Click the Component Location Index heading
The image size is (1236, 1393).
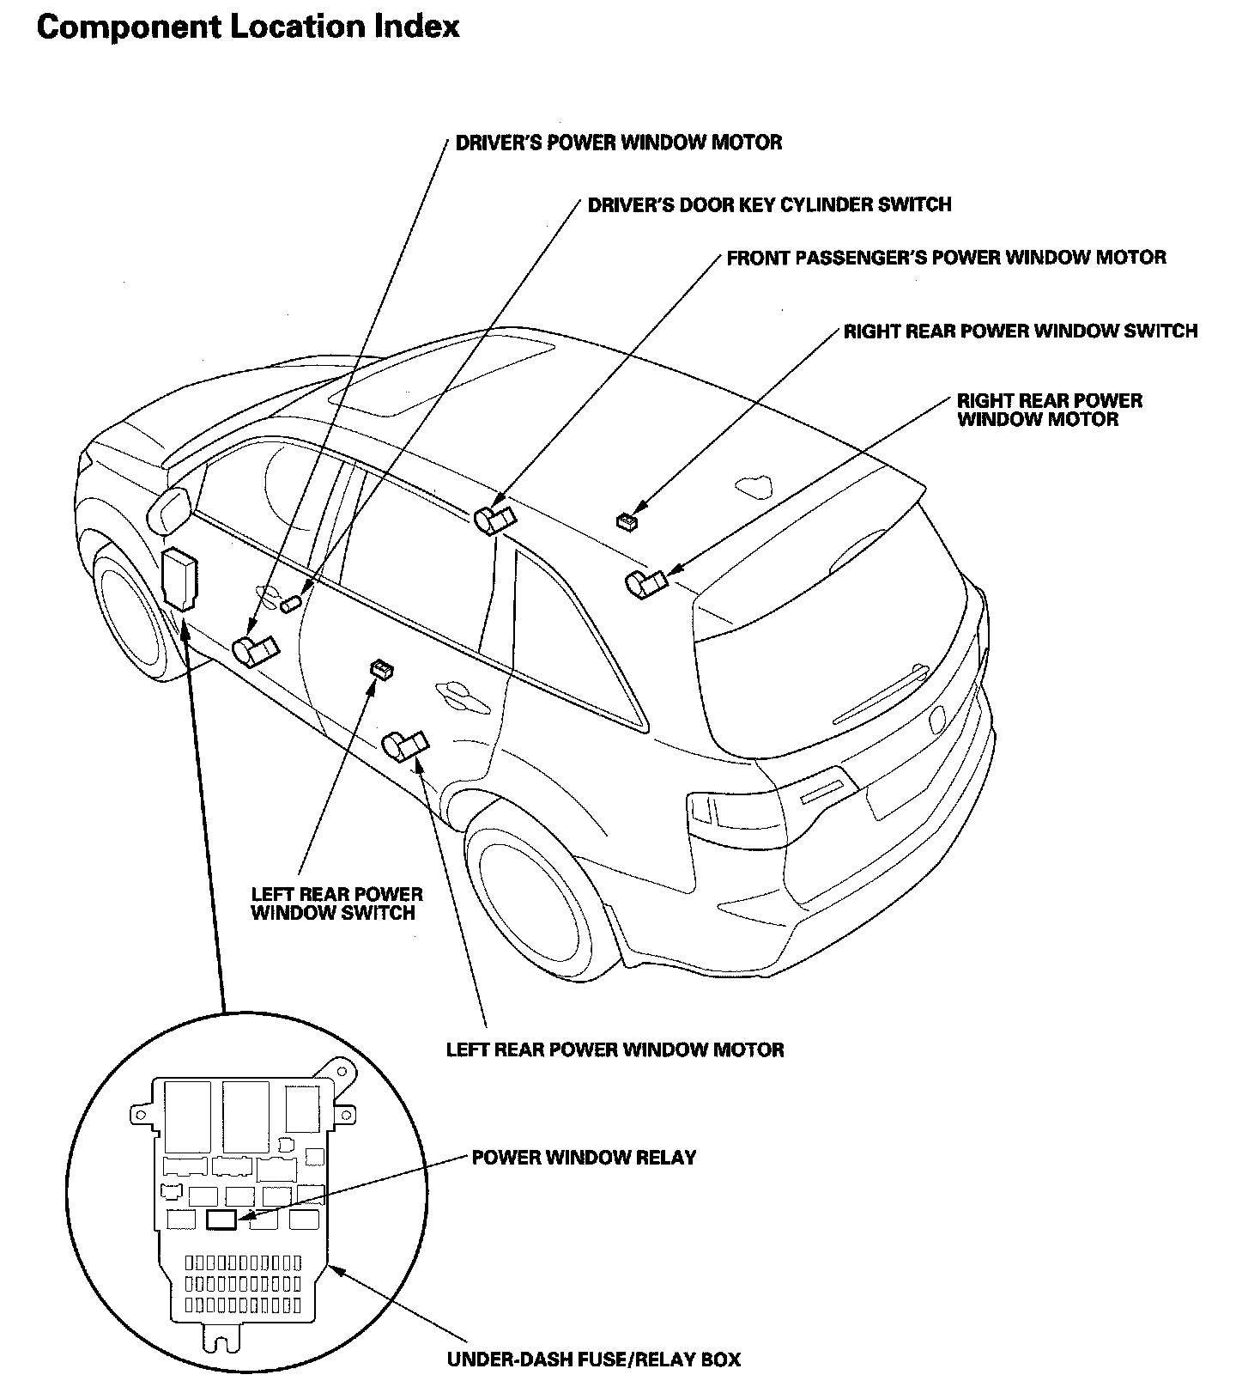[248, 27]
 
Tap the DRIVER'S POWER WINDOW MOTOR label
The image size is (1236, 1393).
[618, 143]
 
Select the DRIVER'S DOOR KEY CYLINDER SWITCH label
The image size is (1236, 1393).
[769, 204]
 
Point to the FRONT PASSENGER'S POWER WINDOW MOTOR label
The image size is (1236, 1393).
[946, 258]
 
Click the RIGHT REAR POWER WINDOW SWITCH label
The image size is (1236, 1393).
[1020, 331]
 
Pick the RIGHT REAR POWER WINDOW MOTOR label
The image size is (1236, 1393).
[1049, 410]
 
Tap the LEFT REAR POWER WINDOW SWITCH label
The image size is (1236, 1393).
[336, 903]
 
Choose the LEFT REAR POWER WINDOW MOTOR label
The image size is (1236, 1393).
[615, 1049]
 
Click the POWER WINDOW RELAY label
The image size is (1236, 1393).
[584, 1158]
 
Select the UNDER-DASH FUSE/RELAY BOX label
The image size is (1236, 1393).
[593, 1360]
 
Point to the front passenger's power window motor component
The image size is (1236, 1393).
[494, 520]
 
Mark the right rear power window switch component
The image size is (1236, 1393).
[628, 520]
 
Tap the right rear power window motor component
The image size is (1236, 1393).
[645, 584]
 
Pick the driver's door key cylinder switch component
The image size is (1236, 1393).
[291, 605]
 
